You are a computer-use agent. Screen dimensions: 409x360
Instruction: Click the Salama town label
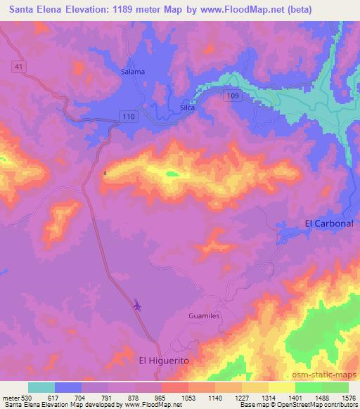tap(133, 72)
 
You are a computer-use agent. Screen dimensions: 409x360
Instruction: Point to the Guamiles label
tap(205, 317)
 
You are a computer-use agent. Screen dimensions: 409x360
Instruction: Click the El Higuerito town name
tap(165, 360)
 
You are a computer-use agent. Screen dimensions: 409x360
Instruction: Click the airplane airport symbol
tap(136, 306)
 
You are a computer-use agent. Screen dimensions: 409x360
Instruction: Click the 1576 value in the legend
tap(348, 397)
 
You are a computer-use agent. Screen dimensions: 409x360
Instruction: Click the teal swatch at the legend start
tap(41, 387)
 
